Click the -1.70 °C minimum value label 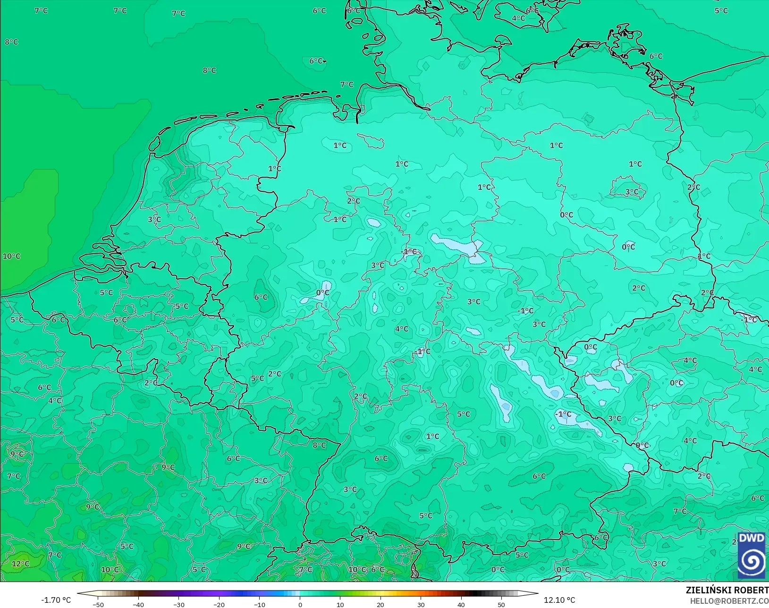(x=56, y=600)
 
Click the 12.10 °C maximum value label (x=559, y=600)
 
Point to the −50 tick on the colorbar (x=98, y=604)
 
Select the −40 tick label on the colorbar (x=138, y=604)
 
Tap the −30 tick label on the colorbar (x=179, y=604)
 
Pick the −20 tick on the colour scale (x=219, y=604)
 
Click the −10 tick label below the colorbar (x=260, y=604)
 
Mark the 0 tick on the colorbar (x=300, y=604)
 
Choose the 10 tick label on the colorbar (x=340, y=604)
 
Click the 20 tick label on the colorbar (x=380, y=604)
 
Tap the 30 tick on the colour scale (x=421, y=604)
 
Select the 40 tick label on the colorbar (x=461, y=604)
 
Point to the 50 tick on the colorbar (x=501, y=604)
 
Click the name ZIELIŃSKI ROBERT (x=727, y=591)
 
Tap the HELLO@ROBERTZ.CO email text (x=729, y=601)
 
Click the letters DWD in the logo (x=752, y=538)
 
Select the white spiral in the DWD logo (x=752, y=561)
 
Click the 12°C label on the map (x=20, y=564)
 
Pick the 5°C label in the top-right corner (x=721, y=11)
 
